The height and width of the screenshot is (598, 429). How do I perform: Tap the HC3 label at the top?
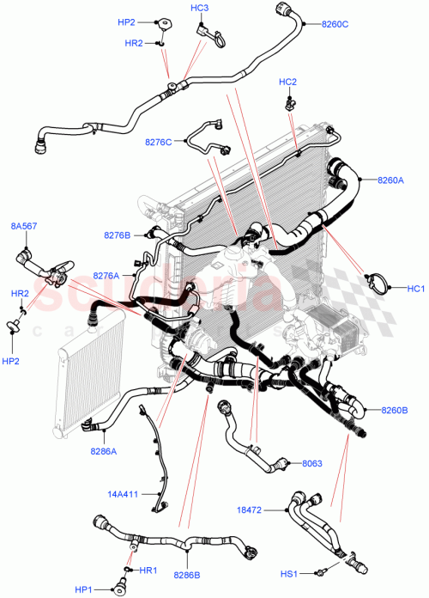tap(199, 8)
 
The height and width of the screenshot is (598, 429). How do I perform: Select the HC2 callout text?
tap(287, 82)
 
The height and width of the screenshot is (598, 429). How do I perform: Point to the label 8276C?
tap(157, 141)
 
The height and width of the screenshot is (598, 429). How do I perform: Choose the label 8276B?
tap(117, 235)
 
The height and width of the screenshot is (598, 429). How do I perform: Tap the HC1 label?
tap(416, 288)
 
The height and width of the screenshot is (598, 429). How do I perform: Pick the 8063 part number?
tap(312, 464)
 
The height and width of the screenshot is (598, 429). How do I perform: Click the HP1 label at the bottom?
tap(84, 589)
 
